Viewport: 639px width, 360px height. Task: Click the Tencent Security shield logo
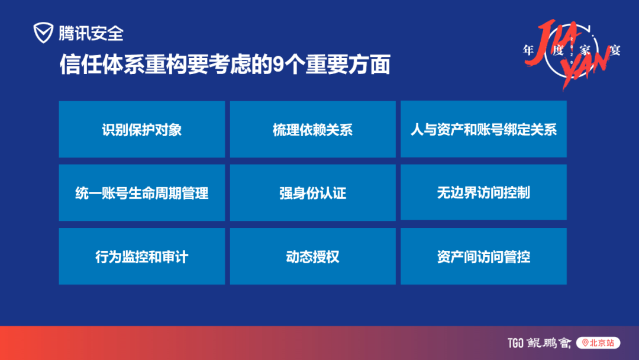coord(43,33)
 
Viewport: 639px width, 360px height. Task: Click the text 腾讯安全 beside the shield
coord(91,33)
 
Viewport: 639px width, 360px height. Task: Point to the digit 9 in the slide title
coord(278,64)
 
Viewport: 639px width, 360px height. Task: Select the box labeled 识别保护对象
coord(142,129)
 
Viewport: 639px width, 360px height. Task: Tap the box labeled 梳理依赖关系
coord(312,129)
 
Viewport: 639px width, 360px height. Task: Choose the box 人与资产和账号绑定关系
coord(484,129)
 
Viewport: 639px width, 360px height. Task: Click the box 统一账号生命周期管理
coord(142,192)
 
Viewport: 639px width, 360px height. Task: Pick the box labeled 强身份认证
coord(312,192)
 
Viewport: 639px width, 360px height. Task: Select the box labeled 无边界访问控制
coord(484,192)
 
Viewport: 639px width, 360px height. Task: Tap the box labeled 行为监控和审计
coord(142,256)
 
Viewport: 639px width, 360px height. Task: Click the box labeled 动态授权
coord(312,256)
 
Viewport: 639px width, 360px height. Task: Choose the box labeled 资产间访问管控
coord(484,256)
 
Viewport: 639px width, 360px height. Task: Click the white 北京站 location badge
coord(598,343)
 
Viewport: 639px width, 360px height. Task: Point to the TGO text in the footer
coord(515,343)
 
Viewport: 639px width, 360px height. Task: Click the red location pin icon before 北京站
coord(585,343)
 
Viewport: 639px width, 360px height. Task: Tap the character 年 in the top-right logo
coord(528,50)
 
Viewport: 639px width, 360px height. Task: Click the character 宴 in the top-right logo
coord(615,50)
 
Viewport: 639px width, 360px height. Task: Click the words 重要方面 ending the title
coord(348,65)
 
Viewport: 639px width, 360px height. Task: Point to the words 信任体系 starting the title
coord(102,65)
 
